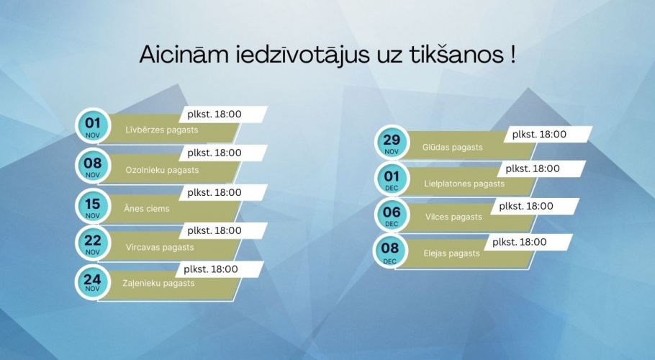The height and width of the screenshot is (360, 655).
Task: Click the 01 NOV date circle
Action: point(93,125)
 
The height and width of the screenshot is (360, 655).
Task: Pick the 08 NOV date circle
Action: point(93,166)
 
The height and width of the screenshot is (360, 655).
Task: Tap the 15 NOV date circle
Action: point(93,206)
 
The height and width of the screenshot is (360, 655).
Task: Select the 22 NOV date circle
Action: point(93,244)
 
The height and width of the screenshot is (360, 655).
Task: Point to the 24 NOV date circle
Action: point(93,282)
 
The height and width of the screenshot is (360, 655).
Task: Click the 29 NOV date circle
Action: point(391,143)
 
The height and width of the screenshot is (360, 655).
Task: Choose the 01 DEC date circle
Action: point(391,179)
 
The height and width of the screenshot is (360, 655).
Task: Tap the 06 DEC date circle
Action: point(391,215)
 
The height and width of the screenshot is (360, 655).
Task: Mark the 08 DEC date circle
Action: point(391,251)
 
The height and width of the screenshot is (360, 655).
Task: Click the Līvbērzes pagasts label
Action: point(162,130)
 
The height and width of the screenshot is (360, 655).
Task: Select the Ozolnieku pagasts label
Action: point(162,171)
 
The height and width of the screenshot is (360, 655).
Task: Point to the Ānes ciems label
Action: point(148,209)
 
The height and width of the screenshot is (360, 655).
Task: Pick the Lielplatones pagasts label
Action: point(464,184)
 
